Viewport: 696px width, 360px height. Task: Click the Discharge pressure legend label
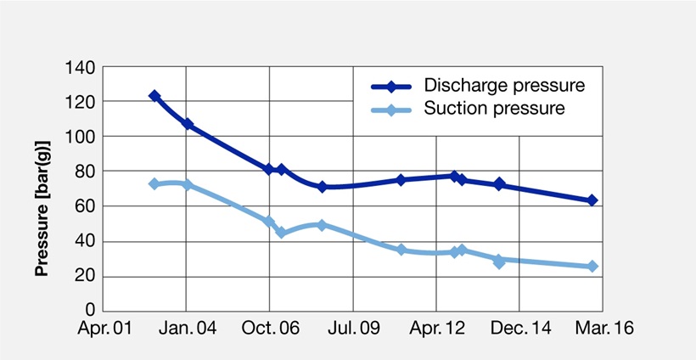[x=504, y=85]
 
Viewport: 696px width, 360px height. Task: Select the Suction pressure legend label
[x=494, y=108]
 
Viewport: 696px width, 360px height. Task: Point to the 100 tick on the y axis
[x=80, y=137]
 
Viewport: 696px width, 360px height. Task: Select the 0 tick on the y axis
[x=90, y=310]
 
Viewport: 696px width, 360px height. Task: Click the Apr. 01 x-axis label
[x=104, y=329]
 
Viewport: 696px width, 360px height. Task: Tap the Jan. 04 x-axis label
[x=188, y=329]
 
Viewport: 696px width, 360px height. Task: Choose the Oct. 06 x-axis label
[x=271, y=329]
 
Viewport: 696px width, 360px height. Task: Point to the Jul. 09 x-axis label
[x=354, y=329]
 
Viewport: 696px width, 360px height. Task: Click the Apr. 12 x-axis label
[x=437, y=329]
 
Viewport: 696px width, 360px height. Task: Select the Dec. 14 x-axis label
[x=520, y=329]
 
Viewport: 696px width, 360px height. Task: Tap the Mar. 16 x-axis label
[x=604, y=329]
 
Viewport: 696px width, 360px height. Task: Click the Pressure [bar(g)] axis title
[x=42, y=209]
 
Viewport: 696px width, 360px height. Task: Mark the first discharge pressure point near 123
[x=154, y=95]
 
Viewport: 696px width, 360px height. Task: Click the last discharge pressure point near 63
[x=592, y=200]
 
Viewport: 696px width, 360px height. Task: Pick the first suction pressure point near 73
[x=154, y=183]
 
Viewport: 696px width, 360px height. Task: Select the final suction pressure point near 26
[x=592, y=267]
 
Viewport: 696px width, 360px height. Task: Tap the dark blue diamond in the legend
[x=391, y=86]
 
